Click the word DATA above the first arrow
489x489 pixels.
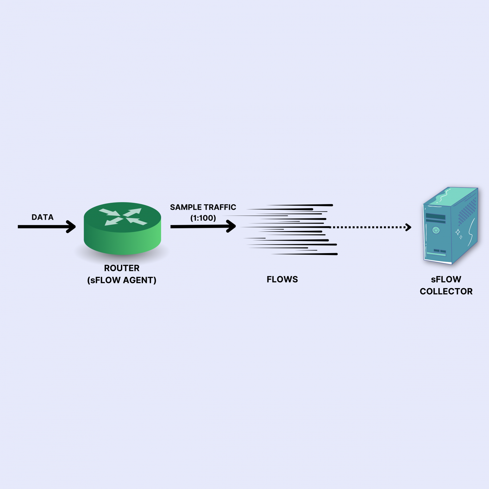tap(42, 217)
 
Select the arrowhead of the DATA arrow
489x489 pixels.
tap(71, 227)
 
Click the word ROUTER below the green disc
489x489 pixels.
tap(122, 268)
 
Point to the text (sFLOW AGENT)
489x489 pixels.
tap(122, 280)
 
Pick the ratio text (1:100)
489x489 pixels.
tap(203, 218)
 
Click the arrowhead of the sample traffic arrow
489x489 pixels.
tap(231, 226)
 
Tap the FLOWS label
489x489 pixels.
tap(282, 279)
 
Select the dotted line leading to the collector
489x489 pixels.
tap(366, 227)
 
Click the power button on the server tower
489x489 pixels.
tap(436, 230)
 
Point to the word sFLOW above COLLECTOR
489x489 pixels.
tap(446, 279)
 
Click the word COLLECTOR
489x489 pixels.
tap(446, 291)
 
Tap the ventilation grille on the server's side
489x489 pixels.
tap(467, 210)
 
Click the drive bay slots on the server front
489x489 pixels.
tap(436, 217)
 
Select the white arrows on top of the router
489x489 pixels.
tap(123, 216)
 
